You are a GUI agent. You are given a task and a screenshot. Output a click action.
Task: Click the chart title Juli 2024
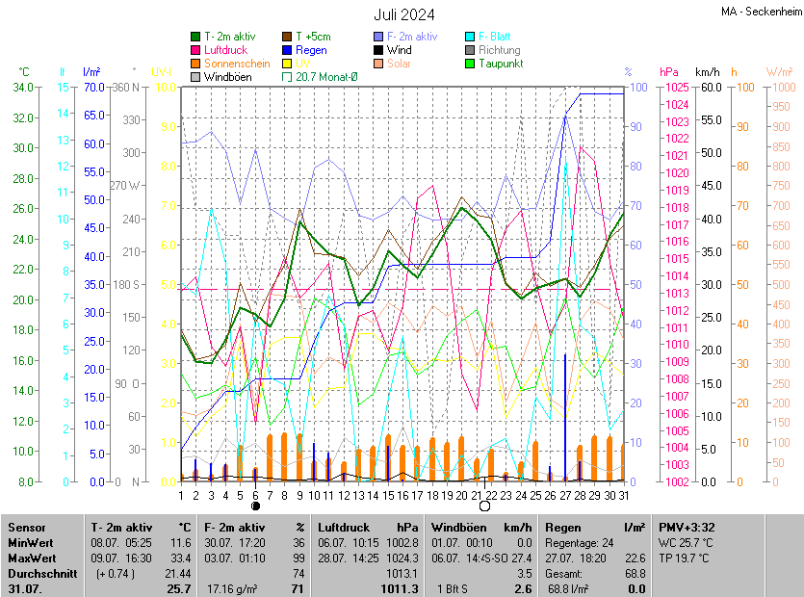point(404,14)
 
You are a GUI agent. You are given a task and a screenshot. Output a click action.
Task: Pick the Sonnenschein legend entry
point(236,64)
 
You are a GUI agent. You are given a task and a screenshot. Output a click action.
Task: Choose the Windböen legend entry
point(227,77)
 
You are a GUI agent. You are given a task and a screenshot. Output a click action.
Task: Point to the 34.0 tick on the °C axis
point(22,88)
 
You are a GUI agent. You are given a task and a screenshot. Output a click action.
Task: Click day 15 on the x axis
point(388,495)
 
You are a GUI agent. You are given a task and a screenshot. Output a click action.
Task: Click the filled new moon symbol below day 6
point(255,506)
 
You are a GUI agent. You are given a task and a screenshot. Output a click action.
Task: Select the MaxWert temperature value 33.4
point(180,558)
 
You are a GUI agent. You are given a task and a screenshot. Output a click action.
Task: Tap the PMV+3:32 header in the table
point(686,528)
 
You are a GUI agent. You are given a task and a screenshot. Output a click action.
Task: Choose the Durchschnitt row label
point(38,573)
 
